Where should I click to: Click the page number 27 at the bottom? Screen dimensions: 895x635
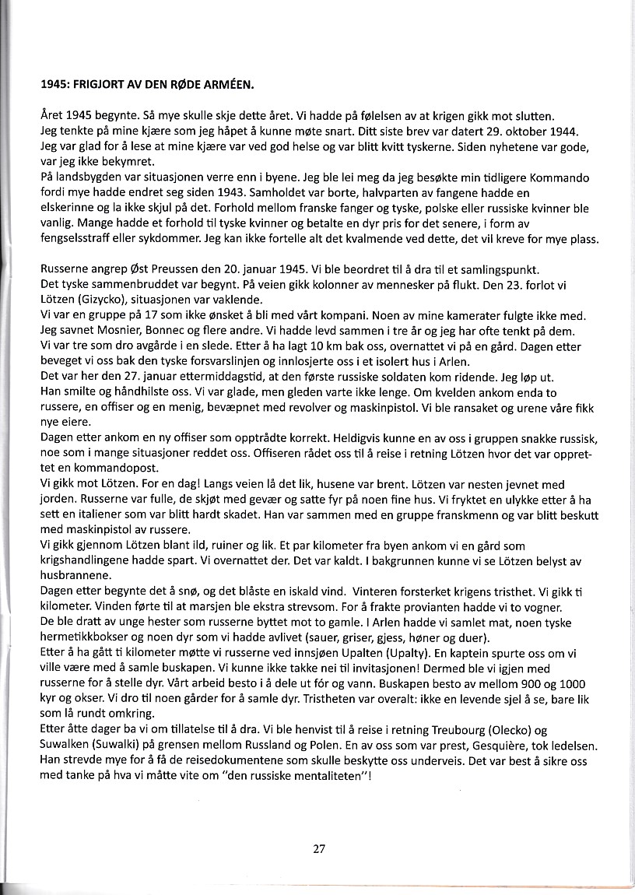pyautogui.click(x=318, y=849)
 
